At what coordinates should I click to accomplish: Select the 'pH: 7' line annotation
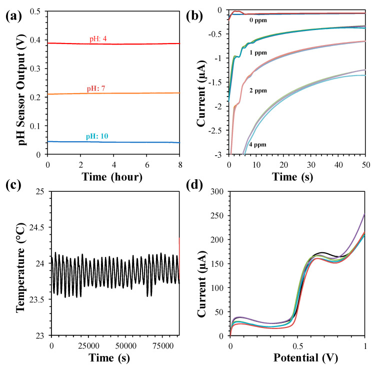point(103,88)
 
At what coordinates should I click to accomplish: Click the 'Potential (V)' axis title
point(298,359)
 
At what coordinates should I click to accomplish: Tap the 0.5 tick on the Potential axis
point(297,346)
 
